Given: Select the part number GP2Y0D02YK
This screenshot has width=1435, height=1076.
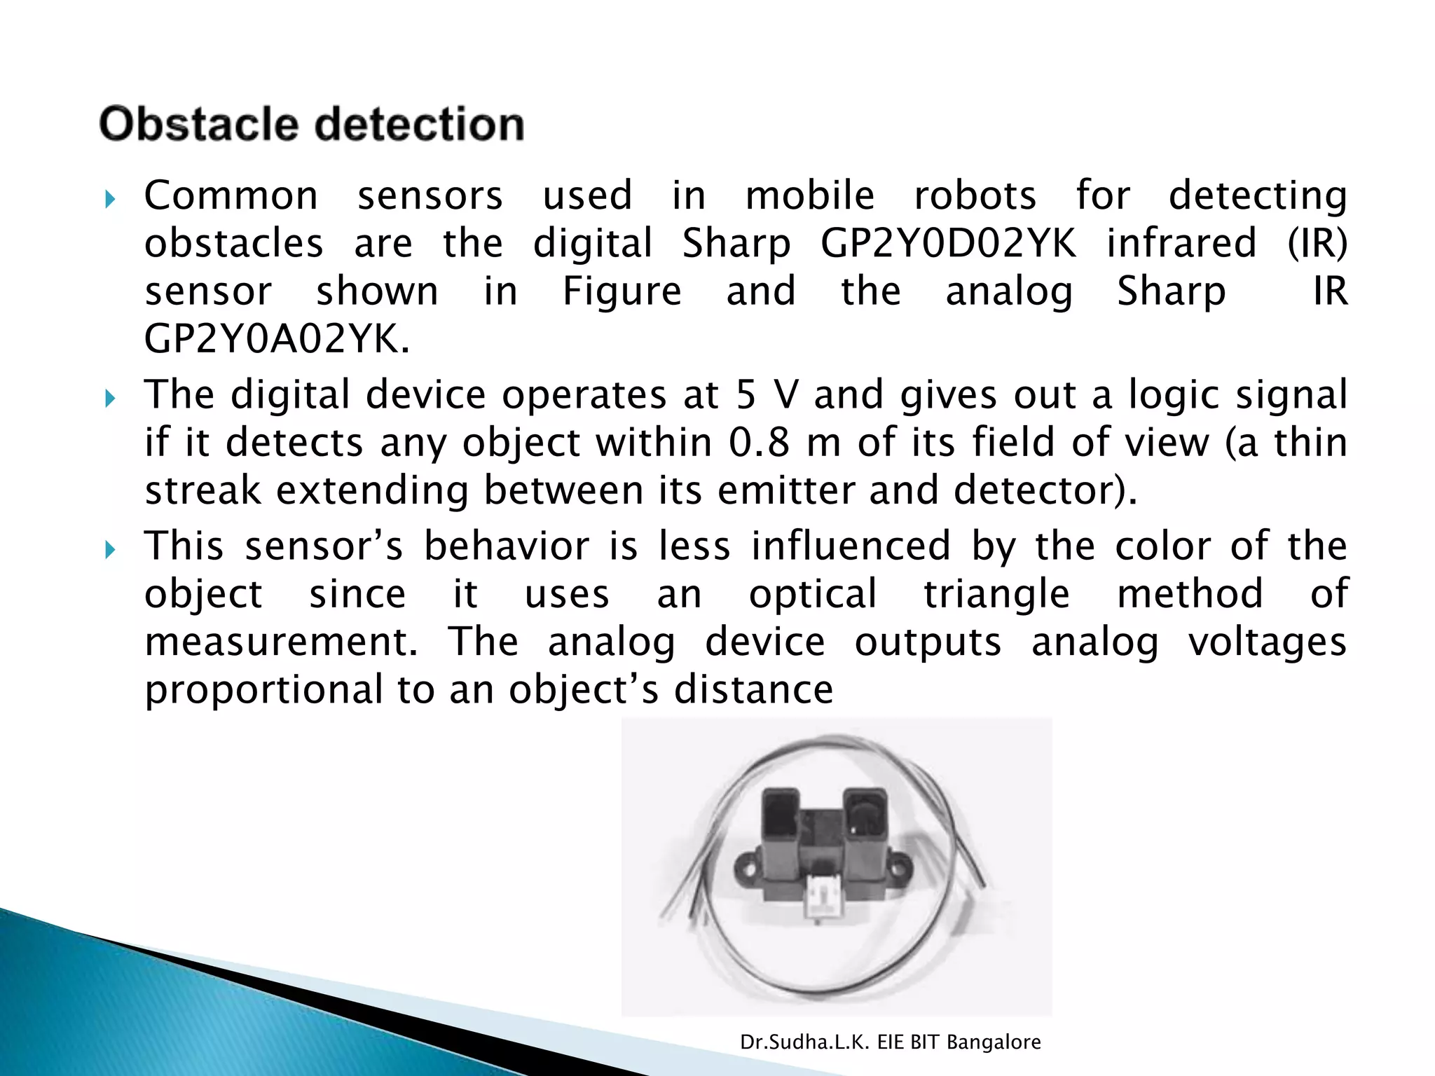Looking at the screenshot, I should (948, 244).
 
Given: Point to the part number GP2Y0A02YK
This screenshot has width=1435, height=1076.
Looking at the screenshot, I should (276, 340).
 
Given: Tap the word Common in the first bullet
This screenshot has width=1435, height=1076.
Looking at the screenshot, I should (231, 195).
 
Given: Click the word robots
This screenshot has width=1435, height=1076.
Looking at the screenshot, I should (975, 195).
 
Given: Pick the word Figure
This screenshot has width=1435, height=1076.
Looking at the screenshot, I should (622, 291).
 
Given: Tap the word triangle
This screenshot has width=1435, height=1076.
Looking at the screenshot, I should (996, 594).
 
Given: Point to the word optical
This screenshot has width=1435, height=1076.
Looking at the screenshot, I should (813, 594).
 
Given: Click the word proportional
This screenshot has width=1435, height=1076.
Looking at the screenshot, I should (263, 690).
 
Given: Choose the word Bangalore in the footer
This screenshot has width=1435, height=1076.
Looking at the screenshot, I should (994, 1042).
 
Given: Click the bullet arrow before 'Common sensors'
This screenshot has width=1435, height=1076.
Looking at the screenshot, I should (110, 200).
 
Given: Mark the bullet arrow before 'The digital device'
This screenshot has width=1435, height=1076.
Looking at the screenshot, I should (110, 399).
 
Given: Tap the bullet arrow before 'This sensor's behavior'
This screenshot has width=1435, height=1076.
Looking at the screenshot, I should (110, 551).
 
